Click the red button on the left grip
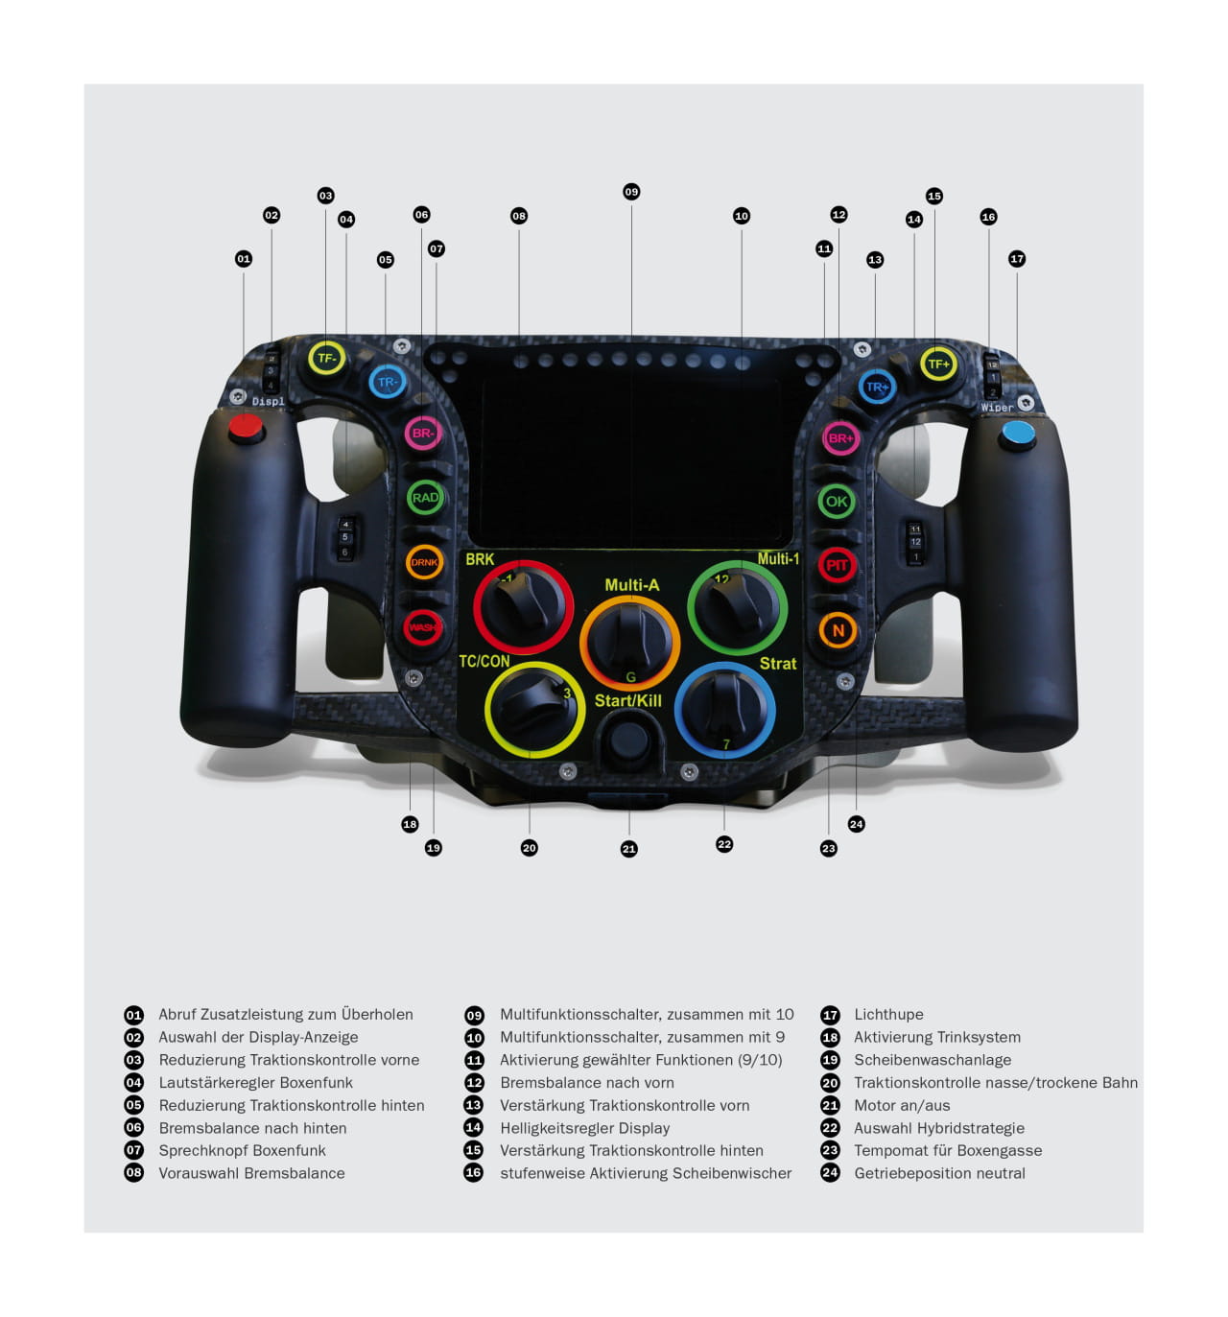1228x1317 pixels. (x=246, y=427)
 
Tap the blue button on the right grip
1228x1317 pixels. (x=1018, y=434)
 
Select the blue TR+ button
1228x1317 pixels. (x=877, y=387)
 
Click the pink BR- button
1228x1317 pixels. (x=423, y=433)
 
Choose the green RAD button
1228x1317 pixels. (x=425, y=497)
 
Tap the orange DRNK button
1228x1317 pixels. (x=424, y=562)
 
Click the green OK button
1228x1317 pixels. (x=837, y=501)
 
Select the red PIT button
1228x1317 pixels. (x=837, y=565)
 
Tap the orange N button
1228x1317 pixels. (x=838, y=630)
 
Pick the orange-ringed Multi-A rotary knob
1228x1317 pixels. (x=629, y=642)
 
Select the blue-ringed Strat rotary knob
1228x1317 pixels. (x=725, y=710)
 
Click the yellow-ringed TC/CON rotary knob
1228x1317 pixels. (x=534, y=710)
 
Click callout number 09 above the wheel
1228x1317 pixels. (x=631, y=192)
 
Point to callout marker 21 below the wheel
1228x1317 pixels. (x=629, y=849)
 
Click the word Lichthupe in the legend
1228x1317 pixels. (x=888, y=1014)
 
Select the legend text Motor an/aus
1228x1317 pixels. (x=902, y=1105)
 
